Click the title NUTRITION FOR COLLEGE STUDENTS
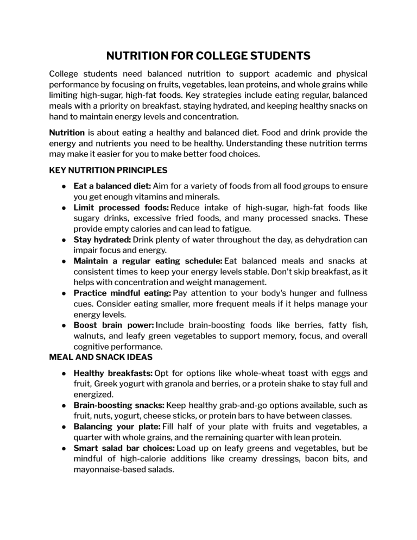(x=208, y=56)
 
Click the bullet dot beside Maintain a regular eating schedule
(x=64, y=272)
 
